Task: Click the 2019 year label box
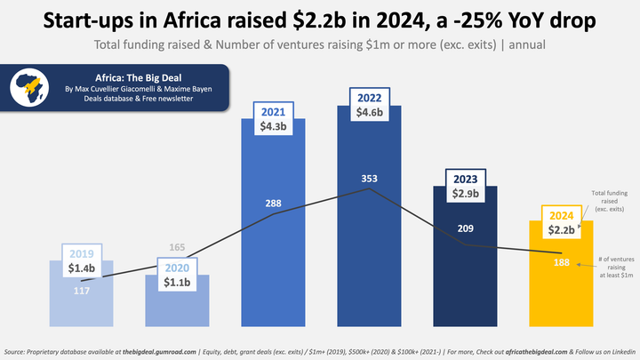point(83,252)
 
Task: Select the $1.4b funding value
point(83,268)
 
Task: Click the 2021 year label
point(274,112)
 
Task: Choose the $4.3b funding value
point(274,127)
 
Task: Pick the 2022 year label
point(369,98)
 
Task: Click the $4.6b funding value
point(369,113)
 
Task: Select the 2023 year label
point(465,177)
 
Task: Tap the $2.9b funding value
point(465,193)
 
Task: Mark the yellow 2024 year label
point(560,214)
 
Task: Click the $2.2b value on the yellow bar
point(560,230)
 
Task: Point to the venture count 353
point(369,179)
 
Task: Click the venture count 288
point(274,204)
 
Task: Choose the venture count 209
point(465,228)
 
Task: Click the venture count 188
point(560,264)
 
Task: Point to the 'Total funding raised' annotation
point(611,200)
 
